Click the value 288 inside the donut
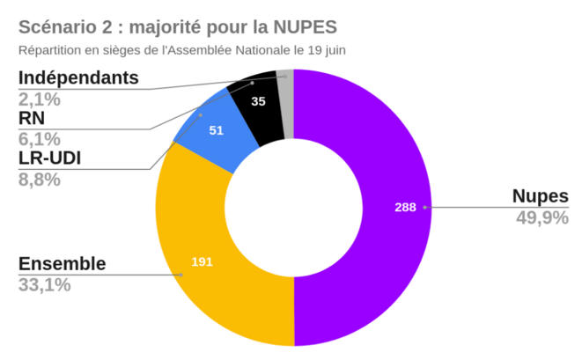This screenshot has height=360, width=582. [405, 208]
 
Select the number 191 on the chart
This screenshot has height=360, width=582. [203, 261]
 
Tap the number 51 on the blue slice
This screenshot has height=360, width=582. [216, 130]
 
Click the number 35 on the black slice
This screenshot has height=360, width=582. [258, 101]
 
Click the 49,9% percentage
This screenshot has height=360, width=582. [541, 217]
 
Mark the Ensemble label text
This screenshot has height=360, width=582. [62, 264]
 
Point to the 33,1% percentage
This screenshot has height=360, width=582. [44, 284]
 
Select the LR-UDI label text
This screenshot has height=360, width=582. [52, 159]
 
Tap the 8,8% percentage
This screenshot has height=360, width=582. [39, 180]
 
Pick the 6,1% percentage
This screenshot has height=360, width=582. [39, 138]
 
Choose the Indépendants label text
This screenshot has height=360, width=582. [78, 77]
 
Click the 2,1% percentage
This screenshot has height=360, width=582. [39, 98]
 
